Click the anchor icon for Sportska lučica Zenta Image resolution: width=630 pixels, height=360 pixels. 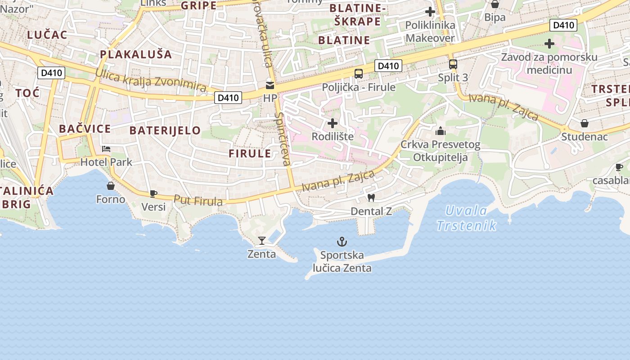[x=342, y=242]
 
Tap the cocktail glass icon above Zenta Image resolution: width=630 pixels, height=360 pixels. [x=262, y=241]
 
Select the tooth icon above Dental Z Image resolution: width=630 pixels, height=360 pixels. [x=371, y=198]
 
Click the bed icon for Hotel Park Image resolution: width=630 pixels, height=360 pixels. [x=106, y=149]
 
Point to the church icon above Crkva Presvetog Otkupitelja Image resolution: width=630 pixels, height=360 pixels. [x=440, y=131]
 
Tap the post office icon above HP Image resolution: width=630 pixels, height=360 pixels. [x=270, y=85]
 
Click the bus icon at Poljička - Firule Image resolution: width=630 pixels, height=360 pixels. [x=359, y=74]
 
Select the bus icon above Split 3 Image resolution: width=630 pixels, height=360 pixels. [x=453, y=64]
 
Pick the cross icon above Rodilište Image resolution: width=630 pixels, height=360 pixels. [x=333, y=123]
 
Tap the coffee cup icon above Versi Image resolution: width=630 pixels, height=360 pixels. [x=153, y=193]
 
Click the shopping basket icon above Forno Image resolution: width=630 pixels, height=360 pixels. [x=111, y=185]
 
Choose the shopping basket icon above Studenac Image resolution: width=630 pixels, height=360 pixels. [x=584, y=123]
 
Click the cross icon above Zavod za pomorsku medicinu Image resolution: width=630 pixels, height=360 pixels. [x=549, y=44]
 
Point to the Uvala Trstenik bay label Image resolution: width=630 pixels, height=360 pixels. [x=466, y=218]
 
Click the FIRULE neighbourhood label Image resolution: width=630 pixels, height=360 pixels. [x=250, y=153]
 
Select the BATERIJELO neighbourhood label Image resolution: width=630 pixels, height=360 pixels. [x=165, y=130]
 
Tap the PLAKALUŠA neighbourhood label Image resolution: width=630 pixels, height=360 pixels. [x=136, y=54]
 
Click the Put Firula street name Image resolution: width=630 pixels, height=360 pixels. [x=198, y=201]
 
